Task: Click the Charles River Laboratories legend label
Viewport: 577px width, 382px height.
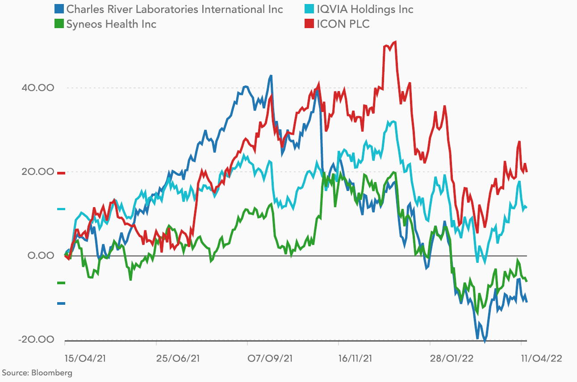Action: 175,9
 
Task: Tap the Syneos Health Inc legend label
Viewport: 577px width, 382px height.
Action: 111,24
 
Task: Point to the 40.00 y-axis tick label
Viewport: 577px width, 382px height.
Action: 38,87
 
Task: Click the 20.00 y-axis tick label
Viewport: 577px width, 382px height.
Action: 38,172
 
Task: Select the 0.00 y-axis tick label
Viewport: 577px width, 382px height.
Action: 41,256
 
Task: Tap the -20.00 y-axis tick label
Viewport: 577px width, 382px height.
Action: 36,340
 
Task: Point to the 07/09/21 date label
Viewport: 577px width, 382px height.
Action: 270,358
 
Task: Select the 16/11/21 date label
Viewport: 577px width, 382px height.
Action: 355,358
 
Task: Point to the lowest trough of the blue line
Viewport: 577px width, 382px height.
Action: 485,341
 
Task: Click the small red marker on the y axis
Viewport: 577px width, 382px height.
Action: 61,173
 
